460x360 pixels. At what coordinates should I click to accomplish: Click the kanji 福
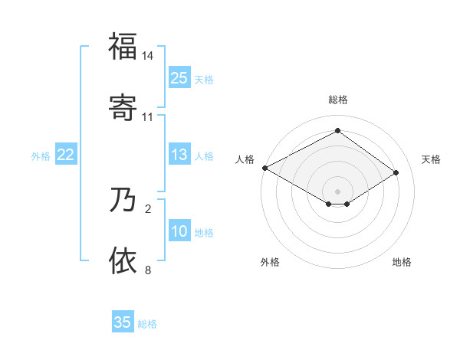tap(123, 47)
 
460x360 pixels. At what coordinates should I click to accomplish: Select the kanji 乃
tap(123, 201)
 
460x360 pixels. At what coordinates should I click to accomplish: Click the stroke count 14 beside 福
tap(148, 56)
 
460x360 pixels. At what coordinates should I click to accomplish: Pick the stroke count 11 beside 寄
tap(148, 116)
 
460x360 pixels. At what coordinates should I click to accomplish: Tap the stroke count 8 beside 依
tap(148, 270)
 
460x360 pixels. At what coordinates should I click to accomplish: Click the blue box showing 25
tap(179, 78)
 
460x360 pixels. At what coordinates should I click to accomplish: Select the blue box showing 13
tap(179, 155)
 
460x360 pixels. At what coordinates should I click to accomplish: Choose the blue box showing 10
tap(179, 231)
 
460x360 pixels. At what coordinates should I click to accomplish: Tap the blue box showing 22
tap(66, 155)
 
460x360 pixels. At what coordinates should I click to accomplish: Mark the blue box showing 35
tap(123, 322)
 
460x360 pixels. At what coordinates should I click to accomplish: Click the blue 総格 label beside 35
tap(147, 324)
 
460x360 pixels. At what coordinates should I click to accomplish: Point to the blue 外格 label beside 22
tap(41, 156)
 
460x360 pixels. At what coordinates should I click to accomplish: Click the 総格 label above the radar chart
tap(338, 100)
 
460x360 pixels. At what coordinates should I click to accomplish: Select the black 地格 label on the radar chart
tap(402, 262)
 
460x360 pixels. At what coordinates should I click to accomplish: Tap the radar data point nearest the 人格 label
tap(264, 168)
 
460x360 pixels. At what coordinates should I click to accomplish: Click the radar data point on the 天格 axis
tap(396, 172)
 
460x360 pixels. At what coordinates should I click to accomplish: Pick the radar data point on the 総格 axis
tap(338, 131)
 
